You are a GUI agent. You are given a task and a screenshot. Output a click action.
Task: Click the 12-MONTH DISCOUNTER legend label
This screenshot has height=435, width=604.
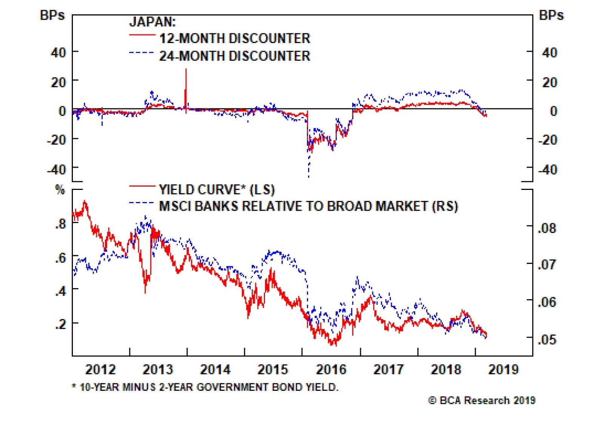(234, 39)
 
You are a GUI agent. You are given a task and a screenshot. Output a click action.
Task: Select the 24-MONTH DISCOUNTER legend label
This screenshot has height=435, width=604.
(234, 56)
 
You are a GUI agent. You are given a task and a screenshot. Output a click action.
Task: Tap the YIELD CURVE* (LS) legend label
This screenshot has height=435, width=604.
(217, 190)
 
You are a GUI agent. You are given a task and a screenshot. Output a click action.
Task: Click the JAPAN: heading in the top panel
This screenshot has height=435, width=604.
(153, 22)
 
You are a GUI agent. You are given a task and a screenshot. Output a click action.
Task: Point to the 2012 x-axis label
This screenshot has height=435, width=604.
(100, 369)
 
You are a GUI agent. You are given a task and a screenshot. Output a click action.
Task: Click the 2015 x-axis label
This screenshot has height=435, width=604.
(273, 369)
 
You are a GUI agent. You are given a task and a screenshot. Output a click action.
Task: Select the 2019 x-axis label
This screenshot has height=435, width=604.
(503, 369)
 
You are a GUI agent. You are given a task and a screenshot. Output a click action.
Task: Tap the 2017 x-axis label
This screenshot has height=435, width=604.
(388, 369)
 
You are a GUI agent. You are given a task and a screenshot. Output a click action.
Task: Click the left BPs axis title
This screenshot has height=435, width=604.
(52, 15)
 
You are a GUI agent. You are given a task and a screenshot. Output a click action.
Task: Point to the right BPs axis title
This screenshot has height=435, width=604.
(551, 15)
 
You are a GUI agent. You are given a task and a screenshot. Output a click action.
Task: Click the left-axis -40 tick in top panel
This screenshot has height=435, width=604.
(56, 170)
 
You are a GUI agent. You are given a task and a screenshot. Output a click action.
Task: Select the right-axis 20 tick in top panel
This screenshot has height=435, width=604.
(549, 82)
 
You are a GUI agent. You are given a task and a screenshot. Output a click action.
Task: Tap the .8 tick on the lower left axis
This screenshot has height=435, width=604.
(60, 224)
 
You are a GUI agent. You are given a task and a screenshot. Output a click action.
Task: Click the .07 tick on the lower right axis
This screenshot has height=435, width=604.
(547, 265)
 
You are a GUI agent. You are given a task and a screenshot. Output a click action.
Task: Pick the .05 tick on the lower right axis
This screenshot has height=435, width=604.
(547, 339)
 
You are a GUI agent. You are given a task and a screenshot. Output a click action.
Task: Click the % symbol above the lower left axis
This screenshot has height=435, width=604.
(60, 190)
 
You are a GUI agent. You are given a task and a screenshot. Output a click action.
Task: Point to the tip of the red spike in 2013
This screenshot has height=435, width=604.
(186, 69)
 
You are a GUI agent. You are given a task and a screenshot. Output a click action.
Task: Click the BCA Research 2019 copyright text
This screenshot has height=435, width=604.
(482, 400)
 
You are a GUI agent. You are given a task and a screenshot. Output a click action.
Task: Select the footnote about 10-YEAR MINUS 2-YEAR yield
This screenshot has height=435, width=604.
(205, 387)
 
